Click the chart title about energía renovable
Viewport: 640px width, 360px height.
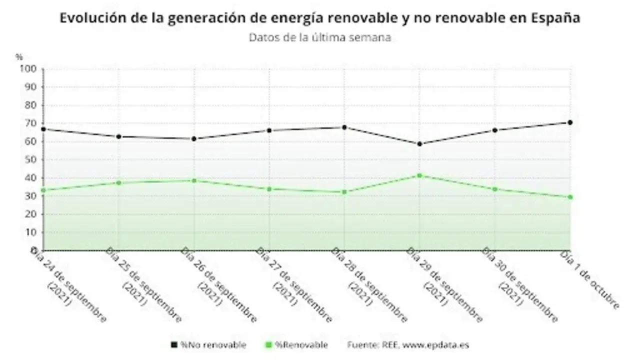point(320,18)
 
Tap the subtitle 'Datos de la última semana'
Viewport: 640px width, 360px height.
point(320,37)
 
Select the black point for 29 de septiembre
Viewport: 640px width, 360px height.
point(419,144)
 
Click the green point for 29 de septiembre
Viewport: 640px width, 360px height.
point(419,175)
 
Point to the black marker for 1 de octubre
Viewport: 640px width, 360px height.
point(570,122)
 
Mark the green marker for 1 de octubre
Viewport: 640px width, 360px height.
point(570,197)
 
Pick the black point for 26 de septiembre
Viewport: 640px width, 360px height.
point(194,138)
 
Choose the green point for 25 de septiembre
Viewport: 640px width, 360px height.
point(118,183)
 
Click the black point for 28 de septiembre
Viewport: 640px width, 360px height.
point(344,127)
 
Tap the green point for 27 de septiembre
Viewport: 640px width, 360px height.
point(269,189)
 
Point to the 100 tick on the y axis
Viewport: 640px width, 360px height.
point(28,69)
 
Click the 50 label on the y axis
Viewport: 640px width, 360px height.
point(31,159)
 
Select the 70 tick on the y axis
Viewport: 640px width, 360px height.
point(31,123)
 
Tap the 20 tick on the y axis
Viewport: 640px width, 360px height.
point(31,214)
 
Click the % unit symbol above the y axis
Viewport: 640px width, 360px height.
point(19,57)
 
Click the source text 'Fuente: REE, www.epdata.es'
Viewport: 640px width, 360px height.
point(408,345)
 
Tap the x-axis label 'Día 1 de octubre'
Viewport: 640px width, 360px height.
point(590,280)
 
